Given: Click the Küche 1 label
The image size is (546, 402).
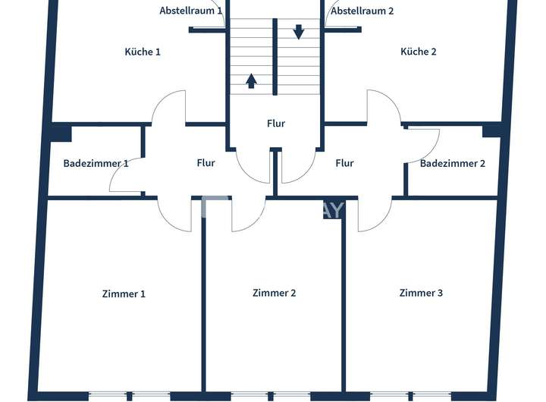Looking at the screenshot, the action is coord(143,52).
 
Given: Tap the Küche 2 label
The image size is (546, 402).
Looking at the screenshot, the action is coord(419,52).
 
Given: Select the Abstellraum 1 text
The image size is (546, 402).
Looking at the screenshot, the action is coord(191,11).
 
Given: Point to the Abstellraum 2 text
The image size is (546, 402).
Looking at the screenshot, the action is coord(362,11).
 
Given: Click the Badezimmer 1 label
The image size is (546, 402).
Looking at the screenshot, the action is coord(96,163).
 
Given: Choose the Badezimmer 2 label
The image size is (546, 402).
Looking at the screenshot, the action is coord(452,163).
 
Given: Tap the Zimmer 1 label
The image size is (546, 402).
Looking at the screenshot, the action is coord(124,294).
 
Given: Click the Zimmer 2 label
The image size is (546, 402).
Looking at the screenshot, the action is coord(274,293).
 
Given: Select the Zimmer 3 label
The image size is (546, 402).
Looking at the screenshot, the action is coord(421,293).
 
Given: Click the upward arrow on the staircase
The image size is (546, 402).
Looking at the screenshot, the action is coord(251,80).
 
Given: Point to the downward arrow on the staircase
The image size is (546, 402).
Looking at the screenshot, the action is coord(298,32).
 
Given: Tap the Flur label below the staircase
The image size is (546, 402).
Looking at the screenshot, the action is coord(276,123).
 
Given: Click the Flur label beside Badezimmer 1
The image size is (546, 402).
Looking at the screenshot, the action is coord(206,162).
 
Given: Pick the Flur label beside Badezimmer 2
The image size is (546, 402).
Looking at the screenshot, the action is coord(344,162).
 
